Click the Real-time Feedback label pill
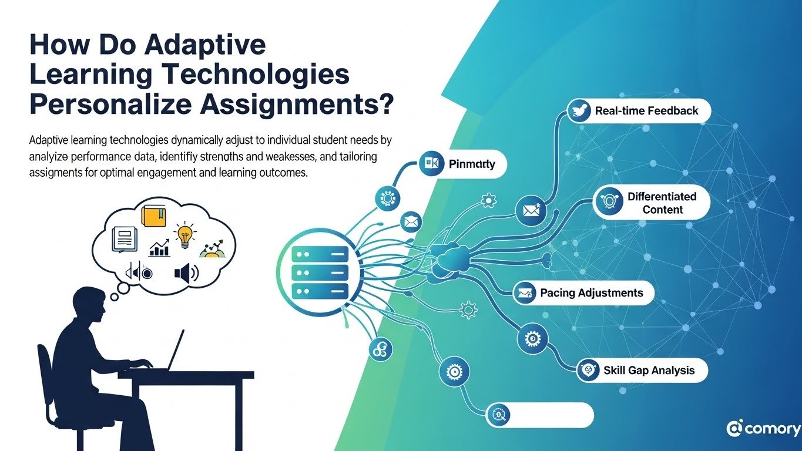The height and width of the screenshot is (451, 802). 639,111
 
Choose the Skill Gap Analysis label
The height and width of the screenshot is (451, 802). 642,370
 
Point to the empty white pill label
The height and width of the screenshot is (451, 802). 540,415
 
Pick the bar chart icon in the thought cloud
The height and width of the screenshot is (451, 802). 159,249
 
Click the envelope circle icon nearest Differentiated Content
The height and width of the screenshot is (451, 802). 531,210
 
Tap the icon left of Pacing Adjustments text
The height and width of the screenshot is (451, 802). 524,292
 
